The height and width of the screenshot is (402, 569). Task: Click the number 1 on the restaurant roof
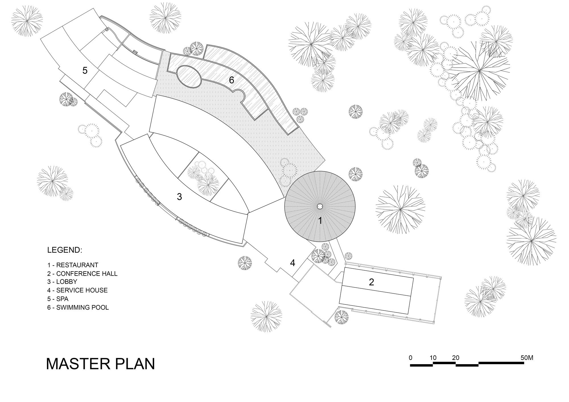pyautogui.click(x=320, y=221)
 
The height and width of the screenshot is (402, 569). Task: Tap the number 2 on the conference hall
pyautogui.click(x=371, y=282)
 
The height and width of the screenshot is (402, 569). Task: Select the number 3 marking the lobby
pyautogui.click(x=179, y=196)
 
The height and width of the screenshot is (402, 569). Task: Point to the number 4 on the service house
pyautogui.click(x=292, y=263)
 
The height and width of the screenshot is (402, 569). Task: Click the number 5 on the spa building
pyautogui.click(x=85, y=71)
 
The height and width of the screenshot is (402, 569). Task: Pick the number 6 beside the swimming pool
pyautogui.click(x=231, y=80)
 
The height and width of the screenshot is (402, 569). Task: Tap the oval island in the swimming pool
pyautogui.click(x=188, y=76)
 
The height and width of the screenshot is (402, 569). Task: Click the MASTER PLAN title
pyautogui.click(x=100, y=364)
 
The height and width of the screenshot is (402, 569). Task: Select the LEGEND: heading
pyautogui.click(x=65, y=250)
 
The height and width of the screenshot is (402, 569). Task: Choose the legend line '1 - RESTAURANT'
pyautogui.click(x=73, y=265)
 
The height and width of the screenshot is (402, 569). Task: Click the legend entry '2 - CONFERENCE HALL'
pyautogui.click(x=82, y=273)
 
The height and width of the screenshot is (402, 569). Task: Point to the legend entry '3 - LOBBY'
pyautogui.click(x=62, y=282)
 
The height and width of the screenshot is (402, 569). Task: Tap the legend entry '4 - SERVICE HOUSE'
pyautogui.click(x=77, y=290)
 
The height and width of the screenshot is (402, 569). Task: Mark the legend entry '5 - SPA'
pyautogui.click(x=58, y=299)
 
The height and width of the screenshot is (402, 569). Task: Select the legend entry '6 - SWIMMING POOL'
pyautogui.click(x=78, y=307)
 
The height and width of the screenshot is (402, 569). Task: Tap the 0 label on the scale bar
pyautogui.click(x=410, y=358)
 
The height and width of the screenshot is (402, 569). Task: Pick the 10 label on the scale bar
pyautogui.click(x=433, y=358)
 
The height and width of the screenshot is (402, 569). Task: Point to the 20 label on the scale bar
pyautogui.click(x=455, y=358)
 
